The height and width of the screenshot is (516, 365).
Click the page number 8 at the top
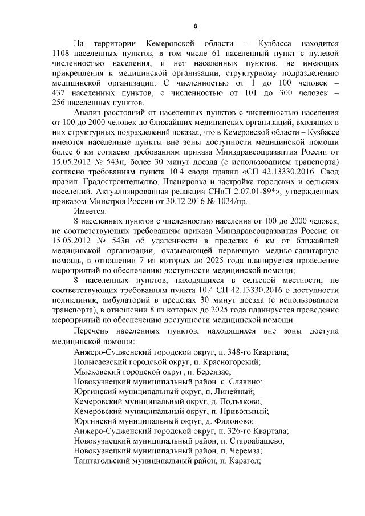coord(196,26)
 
